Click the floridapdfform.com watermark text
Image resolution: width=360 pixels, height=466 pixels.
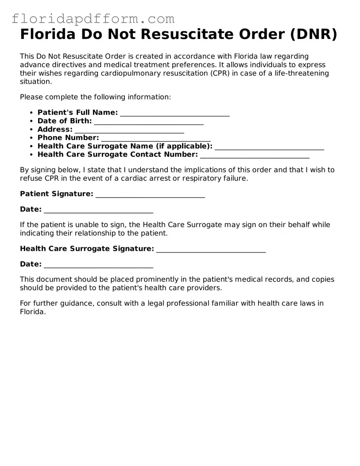[93, 19]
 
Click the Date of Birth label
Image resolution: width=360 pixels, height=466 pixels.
[65, 121]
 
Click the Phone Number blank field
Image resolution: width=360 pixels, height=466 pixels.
[156, 138]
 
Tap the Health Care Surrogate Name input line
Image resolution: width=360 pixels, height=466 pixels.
[269, 147]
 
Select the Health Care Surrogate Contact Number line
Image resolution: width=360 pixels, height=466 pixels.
[255, 155]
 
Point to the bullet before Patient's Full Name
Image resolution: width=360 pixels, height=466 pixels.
[31, 113]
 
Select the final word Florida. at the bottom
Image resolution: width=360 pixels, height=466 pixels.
[33, 311]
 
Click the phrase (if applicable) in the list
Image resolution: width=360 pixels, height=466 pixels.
[184, 146]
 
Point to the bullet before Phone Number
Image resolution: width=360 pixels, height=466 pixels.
[31, 138]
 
